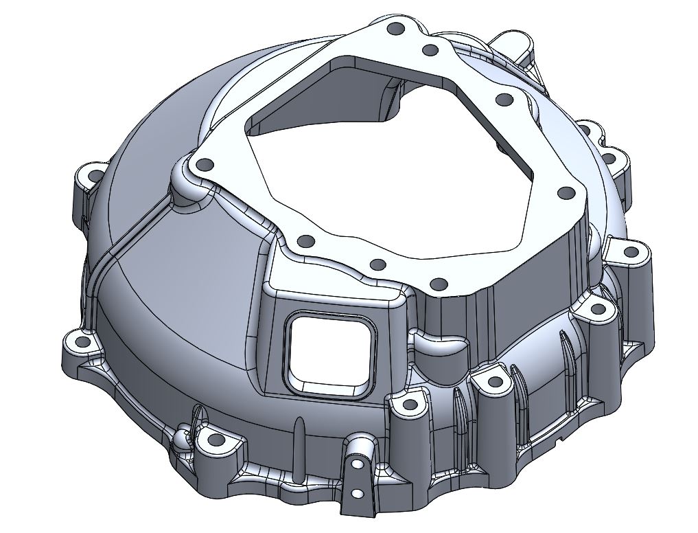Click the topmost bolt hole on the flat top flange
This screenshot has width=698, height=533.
[395, 30]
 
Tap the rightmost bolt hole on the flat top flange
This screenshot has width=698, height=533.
[566, 193]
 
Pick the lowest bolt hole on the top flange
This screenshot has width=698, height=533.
[437, 283]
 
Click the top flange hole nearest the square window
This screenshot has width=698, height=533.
[307, 241]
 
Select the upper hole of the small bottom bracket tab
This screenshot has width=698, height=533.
[357, 462]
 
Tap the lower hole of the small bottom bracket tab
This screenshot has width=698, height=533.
[357, 494]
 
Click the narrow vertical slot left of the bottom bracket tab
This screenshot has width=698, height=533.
[299, 446]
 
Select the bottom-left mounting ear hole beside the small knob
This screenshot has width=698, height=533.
[216, 440]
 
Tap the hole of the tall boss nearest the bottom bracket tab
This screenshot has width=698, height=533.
[410, 405]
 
